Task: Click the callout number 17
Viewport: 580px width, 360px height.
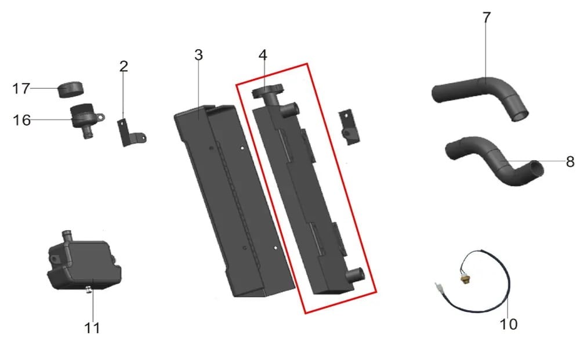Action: point(21,89)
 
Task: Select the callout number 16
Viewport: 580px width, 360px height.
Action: point(21,120)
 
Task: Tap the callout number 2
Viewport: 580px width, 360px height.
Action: point(124,67)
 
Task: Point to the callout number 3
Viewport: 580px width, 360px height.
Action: point(198,55)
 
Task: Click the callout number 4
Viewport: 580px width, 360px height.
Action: point(263,55)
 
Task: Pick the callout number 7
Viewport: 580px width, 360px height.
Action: point(487,17)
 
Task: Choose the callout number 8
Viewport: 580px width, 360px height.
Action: point(570,162)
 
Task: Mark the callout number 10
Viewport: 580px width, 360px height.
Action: point(509,324)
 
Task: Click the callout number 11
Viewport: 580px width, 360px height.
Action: point(92,328)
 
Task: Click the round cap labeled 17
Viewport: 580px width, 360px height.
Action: point(71,89)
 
